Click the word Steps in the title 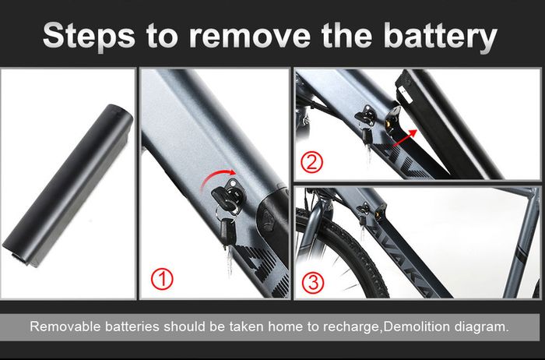click(90, 37)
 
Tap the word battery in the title click(441, 37)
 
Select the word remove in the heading click(250, 37)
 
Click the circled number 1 click(162, 279)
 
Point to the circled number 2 click(311, 162)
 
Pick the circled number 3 click(313, 282)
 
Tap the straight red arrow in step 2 click(405, 137)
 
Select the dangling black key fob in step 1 click(227, 231)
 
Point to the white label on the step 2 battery click(406, 94)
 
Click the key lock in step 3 click(364, 209)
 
